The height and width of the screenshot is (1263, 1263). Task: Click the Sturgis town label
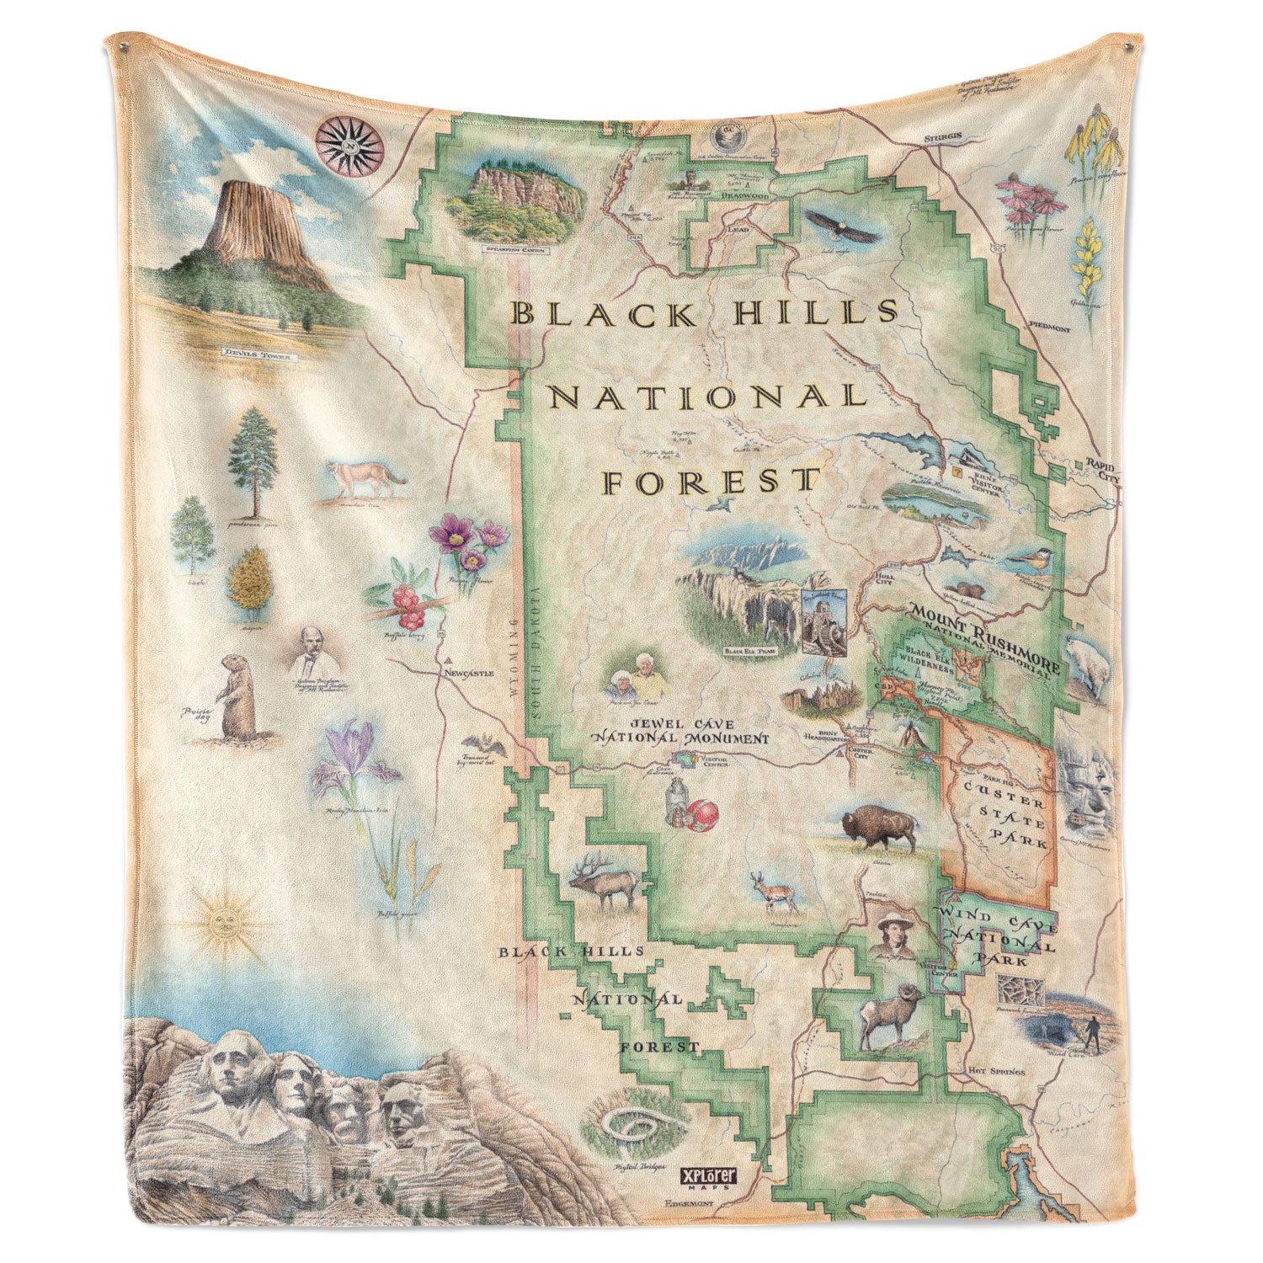click(943, 134)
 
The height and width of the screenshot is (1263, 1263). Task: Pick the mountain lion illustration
click(366, 481)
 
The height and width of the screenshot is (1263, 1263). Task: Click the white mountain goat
click(1085, 664)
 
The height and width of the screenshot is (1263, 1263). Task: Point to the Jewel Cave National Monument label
click(679, 731)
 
